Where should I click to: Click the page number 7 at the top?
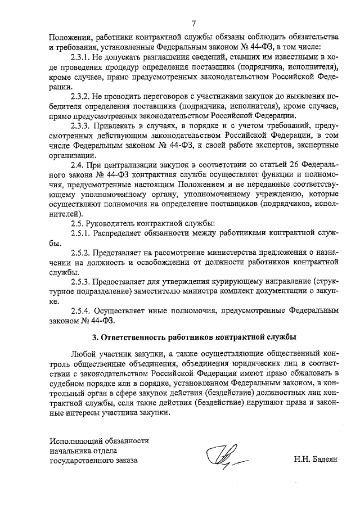[193, 24]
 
